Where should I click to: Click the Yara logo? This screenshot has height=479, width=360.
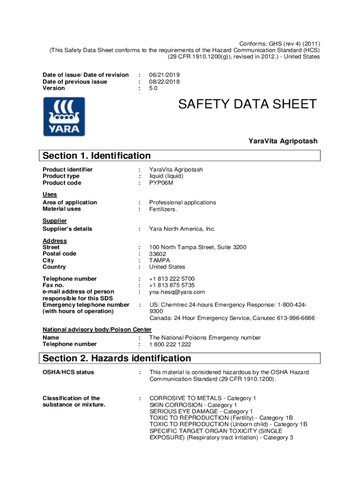pos(64,116)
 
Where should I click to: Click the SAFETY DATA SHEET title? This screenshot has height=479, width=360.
pos(247,104)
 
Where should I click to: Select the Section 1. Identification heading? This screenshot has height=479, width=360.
pos(97,156)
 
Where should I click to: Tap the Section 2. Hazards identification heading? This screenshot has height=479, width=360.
pos(117,358)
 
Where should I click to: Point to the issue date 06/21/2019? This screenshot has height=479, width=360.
pos(165,75)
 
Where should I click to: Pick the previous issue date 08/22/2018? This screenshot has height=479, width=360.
pos(165,81)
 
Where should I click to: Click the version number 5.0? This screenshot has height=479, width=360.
pos(154,88)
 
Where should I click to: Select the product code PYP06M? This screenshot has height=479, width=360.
pos(161,183)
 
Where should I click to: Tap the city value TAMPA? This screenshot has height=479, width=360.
pos(160,260)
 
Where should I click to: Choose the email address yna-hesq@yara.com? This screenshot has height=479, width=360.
pos(177,292)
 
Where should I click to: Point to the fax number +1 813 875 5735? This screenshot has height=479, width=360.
pos(172,285)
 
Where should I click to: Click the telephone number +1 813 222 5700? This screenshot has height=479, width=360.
pos(172,279)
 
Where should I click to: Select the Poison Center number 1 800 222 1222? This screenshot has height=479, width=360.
pos(170,344)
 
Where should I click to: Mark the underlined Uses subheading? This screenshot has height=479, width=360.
pos(50,194)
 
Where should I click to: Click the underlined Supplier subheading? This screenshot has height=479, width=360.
pos(55,220)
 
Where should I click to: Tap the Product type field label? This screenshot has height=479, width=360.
pos(61,176)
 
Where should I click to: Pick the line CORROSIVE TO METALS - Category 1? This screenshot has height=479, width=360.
pos(202,398)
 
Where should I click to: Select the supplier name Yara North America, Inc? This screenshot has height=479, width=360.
pos(182,229)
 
